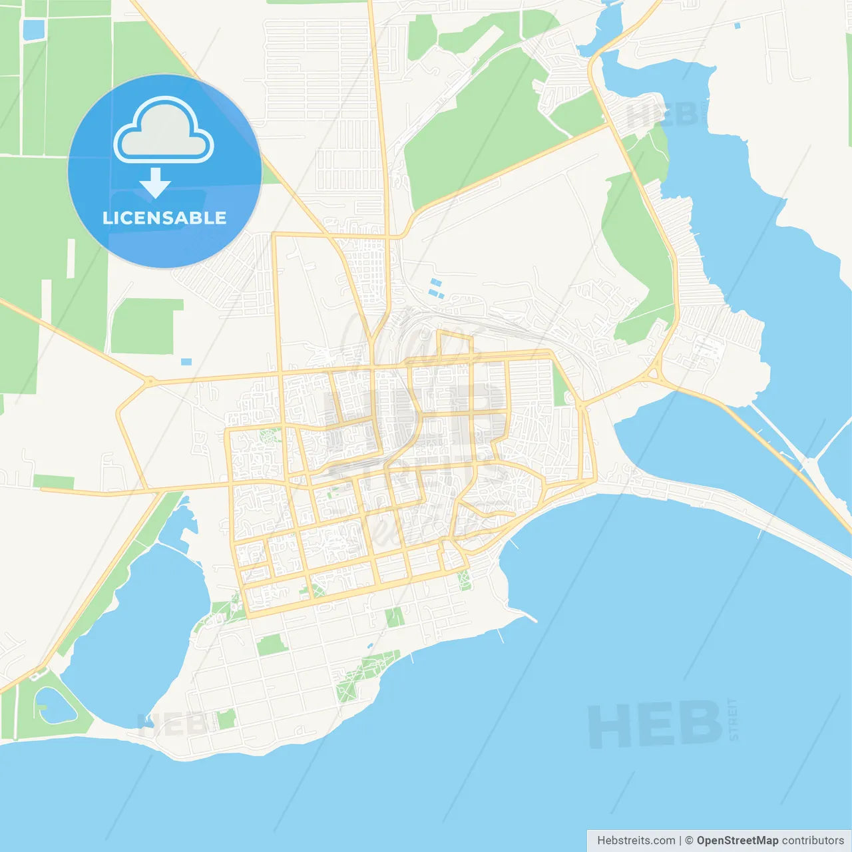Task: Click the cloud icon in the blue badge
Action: (x=164, y=131)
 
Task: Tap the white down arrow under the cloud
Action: (x=155, y=182)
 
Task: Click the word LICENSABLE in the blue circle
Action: (x=164, y=218)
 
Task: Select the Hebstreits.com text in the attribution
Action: (x=636, y=840)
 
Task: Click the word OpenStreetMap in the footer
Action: (x=737, y=840)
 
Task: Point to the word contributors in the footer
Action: (x=813, y=840)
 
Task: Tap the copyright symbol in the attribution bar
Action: (x=689, y=840)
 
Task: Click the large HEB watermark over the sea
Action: (x=655, y=725)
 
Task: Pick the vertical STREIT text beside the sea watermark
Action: (x=734, y=719)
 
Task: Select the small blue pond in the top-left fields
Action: (x=33, y=29)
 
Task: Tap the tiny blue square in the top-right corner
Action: (x=737, y=25)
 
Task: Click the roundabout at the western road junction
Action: (x=150, y=382)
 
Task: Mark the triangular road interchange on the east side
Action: (x=656, y=373)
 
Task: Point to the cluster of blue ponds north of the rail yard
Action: (x=436, y=288)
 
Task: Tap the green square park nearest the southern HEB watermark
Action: (x=226, y=719)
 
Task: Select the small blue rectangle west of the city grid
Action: (x=186, y=362)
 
